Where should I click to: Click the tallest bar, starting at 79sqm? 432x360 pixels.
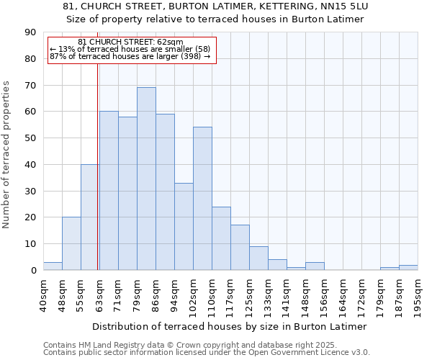point(146,179)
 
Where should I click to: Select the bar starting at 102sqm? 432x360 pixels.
point(202,199)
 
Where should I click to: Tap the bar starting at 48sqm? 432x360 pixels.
point(71,243)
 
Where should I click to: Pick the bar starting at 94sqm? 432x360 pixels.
point(184,226)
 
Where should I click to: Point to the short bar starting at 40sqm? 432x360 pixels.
point(53,266)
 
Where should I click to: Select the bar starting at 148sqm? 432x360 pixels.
point(315,266)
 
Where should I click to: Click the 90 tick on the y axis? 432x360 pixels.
point(30,32)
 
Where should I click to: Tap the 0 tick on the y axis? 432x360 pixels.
point(33,271)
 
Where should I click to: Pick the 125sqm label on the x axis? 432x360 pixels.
point(250,294)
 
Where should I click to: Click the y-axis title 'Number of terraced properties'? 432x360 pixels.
point(8,154)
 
